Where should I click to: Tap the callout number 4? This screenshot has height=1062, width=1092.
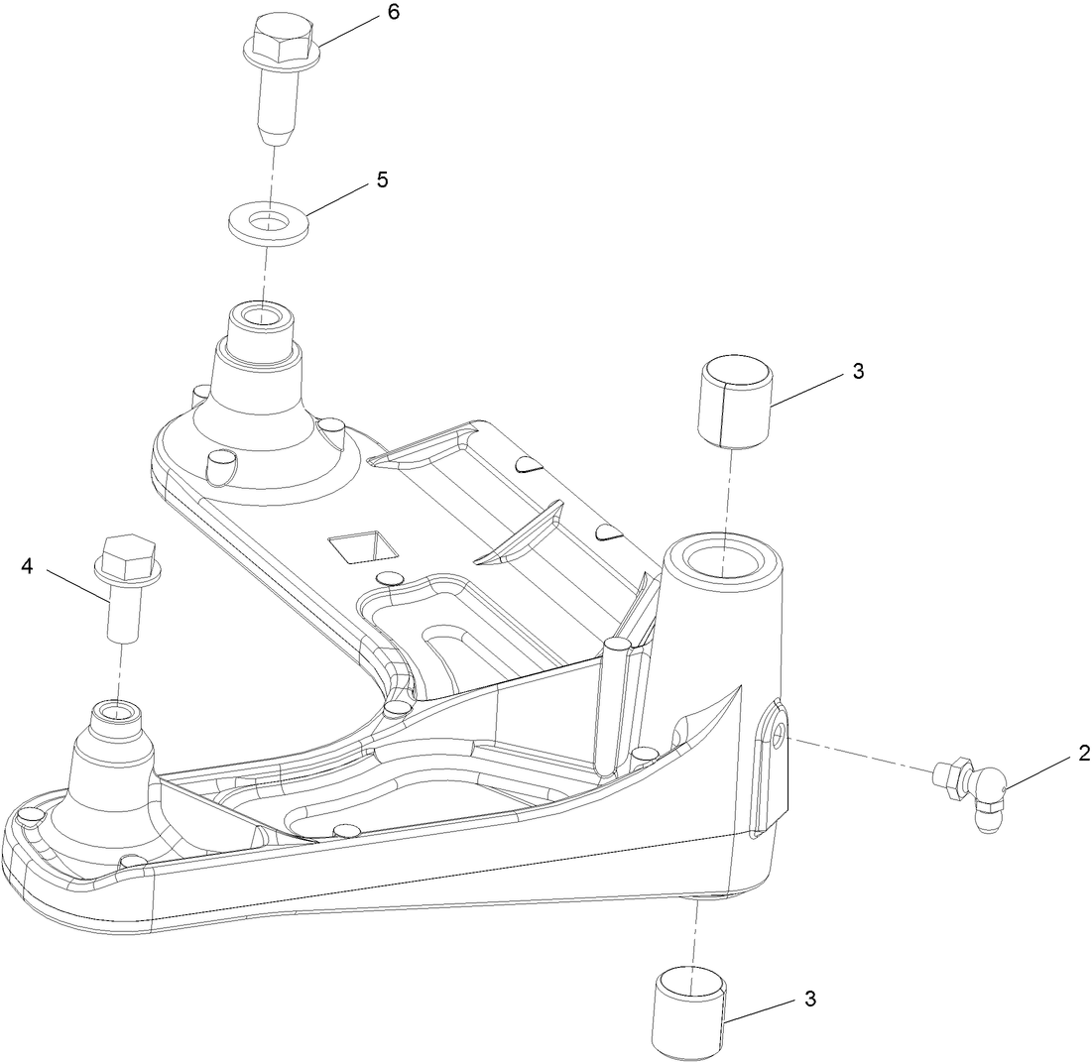point(27,566)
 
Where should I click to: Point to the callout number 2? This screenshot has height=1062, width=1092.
point(1057,754)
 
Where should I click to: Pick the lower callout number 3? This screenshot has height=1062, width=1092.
point(810,999)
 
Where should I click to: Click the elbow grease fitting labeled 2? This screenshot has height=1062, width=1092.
point(976,790)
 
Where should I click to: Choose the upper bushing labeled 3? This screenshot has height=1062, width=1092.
point(736,401)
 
